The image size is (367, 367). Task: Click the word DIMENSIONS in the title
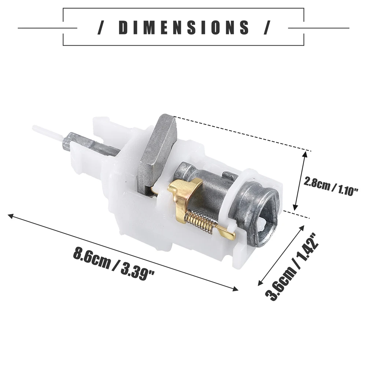(x=184, y=27)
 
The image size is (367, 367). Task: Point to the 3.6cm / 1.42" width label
(x=292, y=267)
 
